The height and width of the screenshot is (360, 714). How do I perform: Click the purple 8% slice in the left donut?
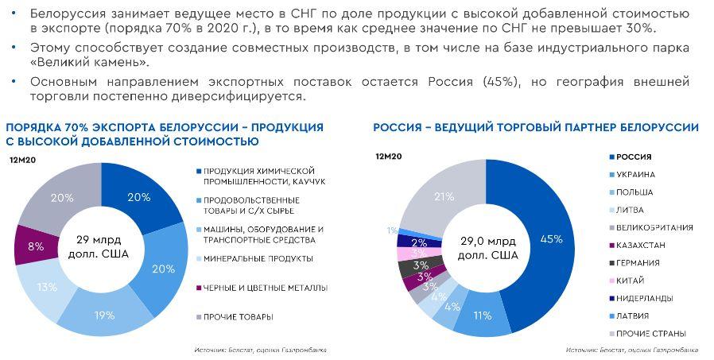coord(31,246)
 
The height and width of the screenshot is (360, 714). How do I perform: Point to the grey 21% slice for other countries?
coord(444,196)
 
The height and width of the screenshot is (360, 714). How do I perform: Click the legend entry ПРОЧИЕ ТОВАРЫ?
coord(238,316)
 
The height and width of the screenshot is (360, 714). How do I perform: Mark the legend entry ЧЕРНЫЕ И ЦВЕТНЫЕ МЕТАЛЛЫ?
coord(265,288)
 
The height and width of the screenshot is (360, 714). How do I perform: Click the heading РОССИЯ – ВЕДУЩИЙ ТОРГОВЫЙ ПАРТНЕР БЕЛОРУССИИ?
coord(536,127)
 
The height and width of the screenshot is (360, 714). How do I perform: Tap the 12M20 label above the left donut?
coord(22,161)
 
